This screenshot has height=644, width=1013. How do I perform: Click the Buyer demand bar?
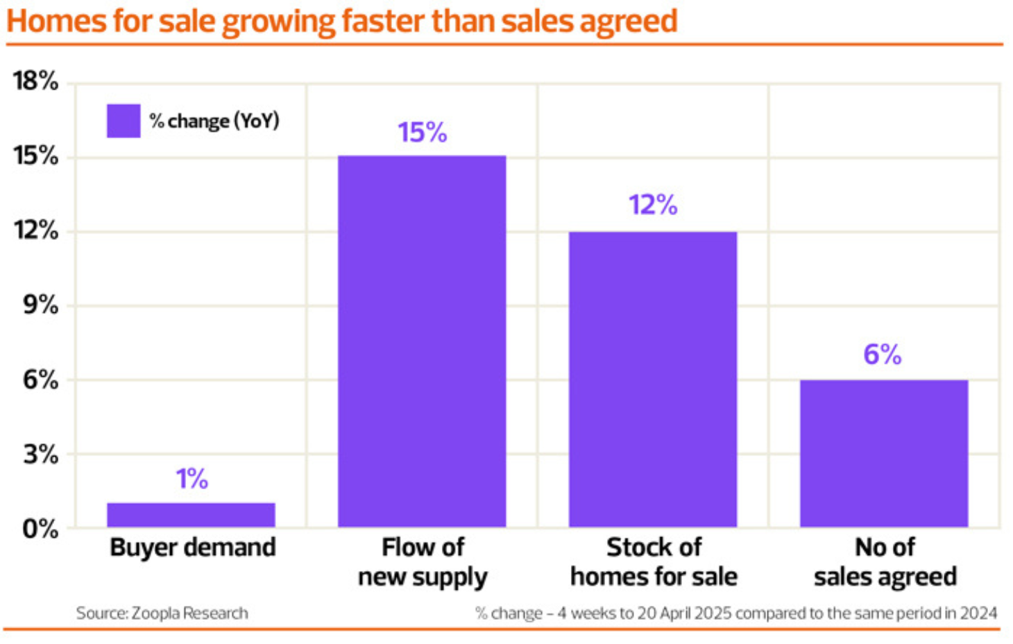tap(191, 514)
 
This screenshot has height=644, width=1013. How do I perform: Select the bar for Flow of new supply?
tap(422, 341)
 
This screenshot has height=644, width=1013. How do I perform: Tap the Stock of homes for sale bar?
tap(653, 379)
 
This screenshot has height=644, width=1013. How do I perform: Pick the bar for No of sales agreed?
tap(883, 453)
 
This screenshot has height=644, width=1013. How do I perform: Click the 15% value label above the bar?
tap(422, 132)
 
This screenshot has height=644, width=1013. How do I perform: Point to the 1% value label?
tap(191, 479)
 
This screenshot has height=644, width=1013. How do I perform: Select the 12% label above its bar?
tap(653, 205)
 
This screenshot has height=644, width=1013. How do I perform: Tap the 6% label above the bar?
tap(883, 355)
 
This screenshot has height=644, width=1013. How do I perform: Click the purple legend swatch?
tap(124, 121)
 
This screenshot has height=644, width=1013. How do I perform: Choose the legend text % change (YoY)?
tap(214, 121)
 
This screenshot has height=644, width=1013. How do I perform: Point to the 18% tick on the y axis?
tap(35, 81)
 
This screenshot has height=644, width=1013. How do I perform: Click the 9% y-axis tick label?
tap(40, 305)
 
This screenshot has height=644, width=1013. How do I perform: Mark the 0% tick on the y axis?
tap(40, 529)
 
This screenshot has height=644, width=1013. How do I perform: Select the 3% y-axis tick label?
tap(40, 455)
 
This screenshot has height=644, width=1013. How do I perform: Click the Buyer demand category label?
tap(193, 548)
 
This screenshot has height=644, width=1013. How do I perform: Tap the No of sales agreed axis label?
tap(885, 562)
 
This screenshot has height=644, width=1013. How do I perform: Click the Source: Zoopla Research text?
tap(162, 613)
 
